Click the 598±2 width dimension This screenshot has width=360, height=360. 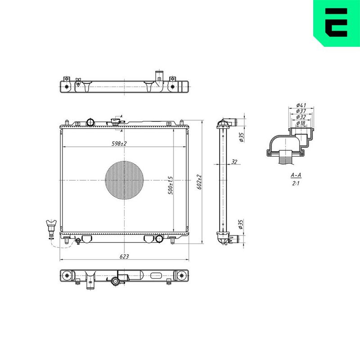pyautogui.click(x=119, y=144)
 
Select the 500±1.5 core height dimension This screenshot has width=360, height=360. pyautogui.click(x=171, y=185)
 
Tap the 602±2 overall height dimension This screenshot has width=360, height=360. pyautogui.click(x=199, y=182)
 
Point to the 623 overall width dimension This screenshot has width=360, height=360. pyautogui.click(x=124, y=256)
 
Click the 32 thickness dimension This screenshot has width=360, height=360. pyautogui.click(x=234, y=162)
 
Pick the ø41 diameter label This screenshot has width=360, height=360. pyautogui.click(x=301, y=105)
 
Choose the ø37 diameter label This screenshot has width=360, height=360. pyautogui.click(x=301, y=111)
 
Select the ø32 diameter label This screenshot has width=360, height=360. pyautogui.click(x=301, y=117)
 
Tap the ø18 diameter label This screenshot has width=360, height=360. pyautogui.click(x=301, y=123)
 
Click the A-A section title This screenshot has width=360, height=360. pyautogui.click(x=296, y=175)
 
